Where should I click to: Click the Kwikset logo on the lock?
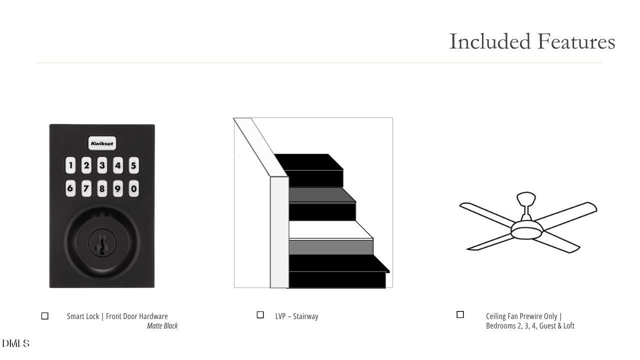pos(102,143)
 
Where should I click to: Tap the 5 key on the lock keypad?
pos(133,165)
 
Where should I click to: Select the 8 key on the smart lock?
pos(102,188)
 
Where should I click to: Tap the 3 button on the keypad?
pos(102,165)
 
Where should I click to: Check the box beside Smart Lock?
pos(45,316)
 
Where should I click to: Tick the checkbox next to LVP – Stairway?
pos(260,315)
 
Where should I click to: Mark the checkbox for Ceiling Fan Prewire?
pos(460,314)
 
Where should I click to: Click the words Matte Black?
pos(162,325)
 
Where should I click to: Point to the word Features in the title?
pos(576,41)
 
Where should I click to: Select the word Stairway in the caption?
pos(305,316)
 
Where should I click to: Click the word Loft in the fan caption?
pos(568,325)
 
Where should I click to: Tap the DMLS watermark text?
pos(15,343)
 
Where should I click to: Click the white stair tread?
pos(330,229)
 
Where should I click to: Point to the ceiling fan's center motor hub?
pos(526,229)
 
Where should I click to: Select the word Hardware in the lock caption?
pos(153,316)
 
